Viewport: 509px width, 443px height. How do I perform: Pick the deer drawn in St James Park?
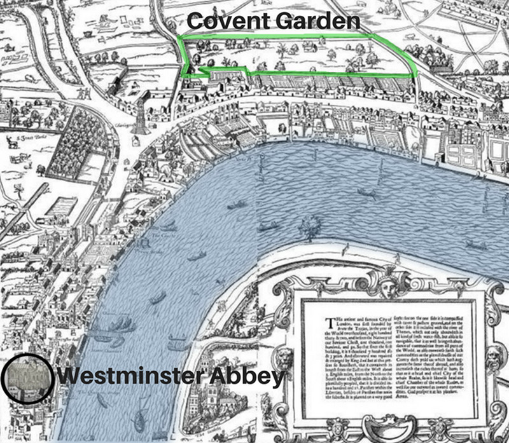point(11,142)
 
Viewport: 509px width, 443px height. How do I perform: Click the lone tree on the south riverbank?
point(311,224)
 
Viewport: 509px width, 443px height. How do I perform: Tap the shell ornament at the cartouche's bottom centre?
point(386,427)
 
